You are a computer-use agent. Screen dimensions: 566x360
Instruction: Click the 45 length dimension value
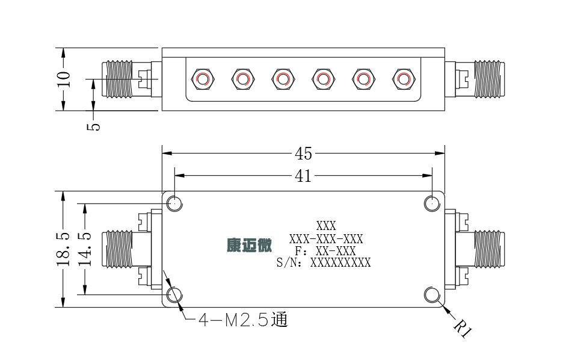tap(303, 154)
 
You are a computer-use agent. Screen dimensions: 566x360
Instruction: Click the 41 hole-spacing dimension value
tap(303, 176)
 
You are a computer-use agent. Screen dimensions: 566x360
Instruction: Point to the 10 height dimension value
tap(63, 79)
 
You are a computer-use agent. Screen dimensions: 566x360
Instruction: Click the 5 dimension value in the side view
tap(93, 126)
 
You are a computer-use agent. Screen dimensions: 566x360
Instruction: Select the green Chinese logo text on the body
tap(249, 246)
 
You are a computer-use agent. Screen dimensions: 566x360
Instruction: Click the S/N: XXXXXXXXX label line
tap(324, 262)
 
